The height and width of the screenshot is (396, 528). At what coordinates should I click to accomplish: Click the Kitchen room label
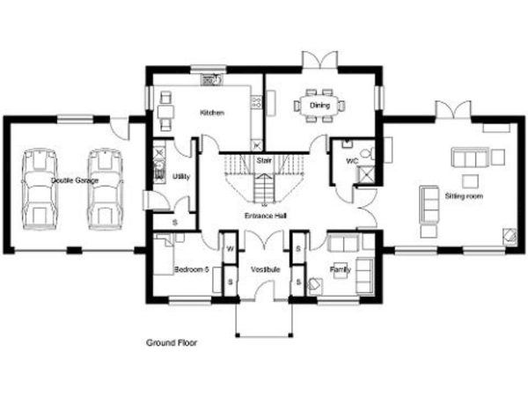(x=212, y=113)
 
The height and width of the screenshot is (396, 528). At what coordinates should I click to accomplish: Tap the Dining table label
(x=319, y=106)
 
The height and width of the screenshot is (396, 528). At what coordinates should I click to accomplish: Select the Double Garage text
(x=75, y=180)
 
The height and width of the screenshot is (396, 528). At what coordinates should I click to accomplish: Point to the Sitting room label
(x=464, y=196)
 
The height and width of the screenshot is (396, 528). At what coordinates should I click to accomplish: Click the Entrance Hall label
(x=266, y=216)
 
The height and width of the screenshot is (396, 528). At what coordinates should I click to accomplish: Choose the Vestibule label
(x=266, y=269)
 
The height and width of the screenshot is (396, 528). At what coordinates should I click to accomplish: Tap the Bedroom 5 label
(x=192, y=269)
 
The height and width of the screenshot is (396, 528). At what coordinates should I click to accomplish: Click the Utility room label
(x=181, y=177)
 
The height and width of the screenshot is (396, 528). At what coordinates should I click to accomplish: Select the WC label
(x=352, y=161)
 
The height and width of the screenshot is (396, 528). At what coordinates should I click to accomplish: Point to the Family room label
(x=341, y=269)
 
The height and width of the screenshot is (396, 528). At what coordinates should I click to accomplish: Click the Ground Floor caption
(x=172, y=343)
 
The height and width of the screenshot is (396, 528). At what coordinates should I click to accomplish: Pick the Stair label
(x=264, y=160)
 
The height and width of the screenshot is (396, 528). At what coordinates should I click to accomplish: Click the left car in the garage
(x=40, y=189)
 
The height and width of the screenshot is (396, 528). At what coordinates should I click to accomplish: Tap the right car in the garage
(x=105, y=189)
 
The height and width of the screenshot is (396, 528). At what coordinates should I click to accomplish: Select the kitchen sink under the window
(x=211, y=80)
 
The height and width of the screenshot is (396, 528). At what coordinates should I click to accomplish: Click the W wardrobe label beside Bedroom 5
(x=231, y=249)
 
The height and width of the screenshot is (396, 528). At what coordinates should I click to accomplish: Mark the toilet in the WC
(x=368, y=153)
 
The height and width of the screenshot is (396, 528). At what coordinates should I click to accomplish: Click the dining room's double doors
(x=320, y=61)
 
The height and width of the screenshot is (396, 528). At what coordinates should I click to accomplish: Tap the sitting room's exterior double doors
(x=453, y=110)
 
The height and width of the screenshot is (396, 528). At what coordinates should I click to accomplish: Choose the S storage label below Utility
(x=175, y=223)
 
